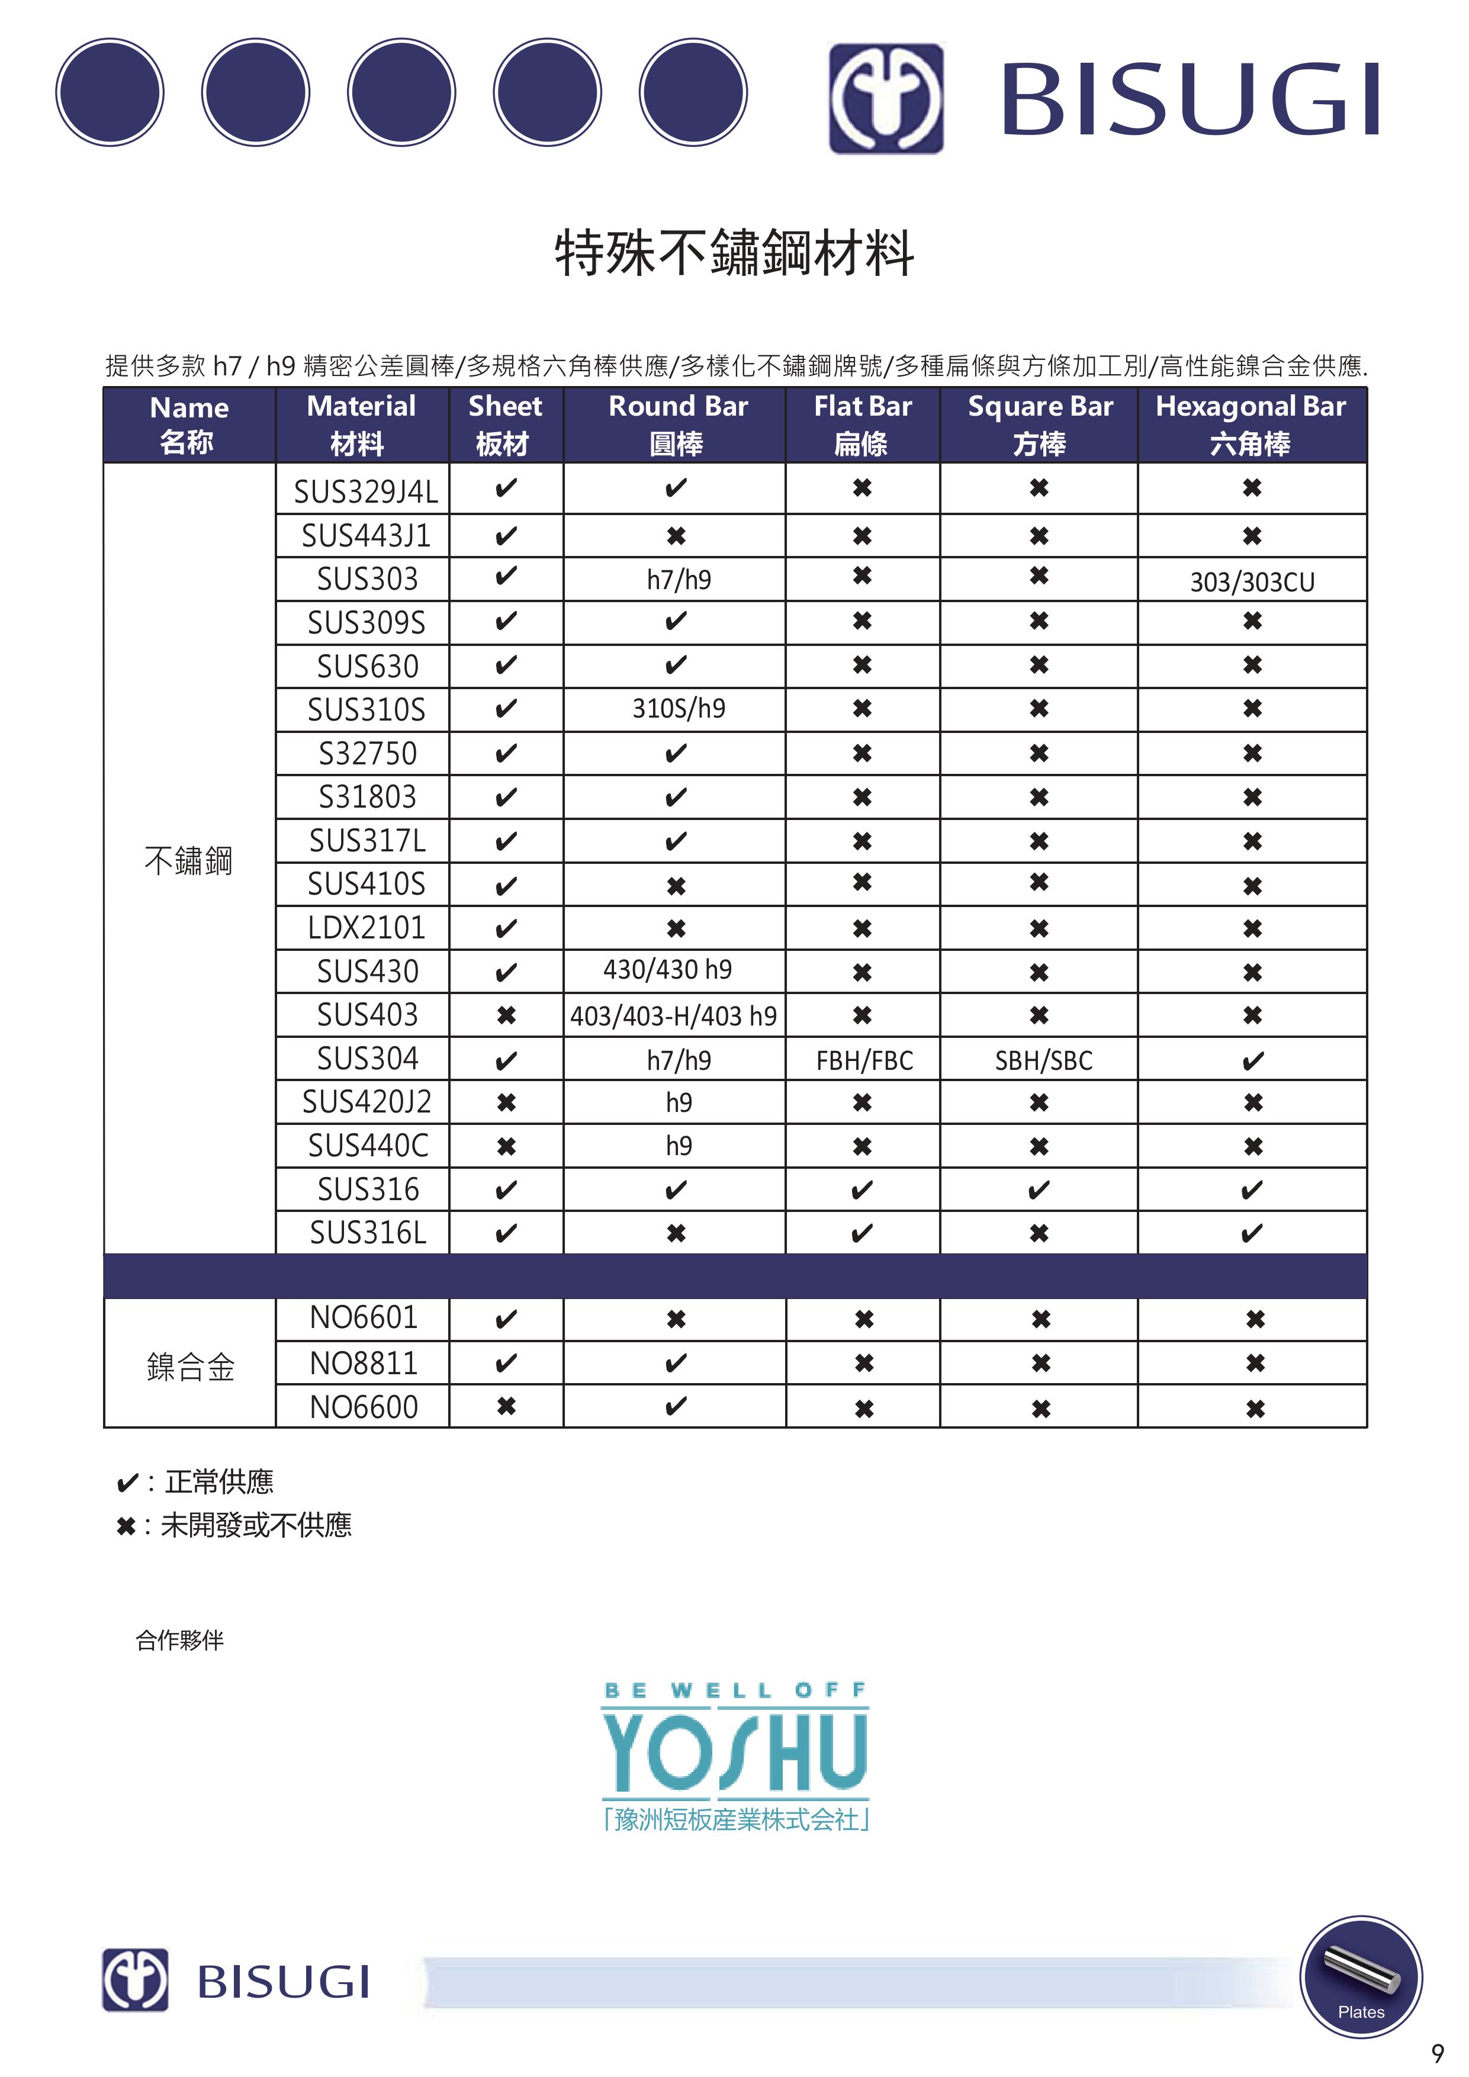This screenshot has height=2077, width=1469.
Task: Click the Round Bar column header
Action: [677, 425]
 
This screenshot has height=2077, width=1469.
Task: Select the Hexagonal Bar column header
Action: [1251, 425]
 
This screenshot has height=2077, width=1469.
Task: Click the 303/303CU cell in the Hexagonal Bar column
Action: [1252, 581]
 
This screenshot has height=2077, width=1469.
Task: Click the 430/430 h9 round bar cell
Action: [667, 970]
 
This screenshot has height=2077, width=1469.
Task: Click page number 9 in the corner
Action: [1438, 2053]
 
